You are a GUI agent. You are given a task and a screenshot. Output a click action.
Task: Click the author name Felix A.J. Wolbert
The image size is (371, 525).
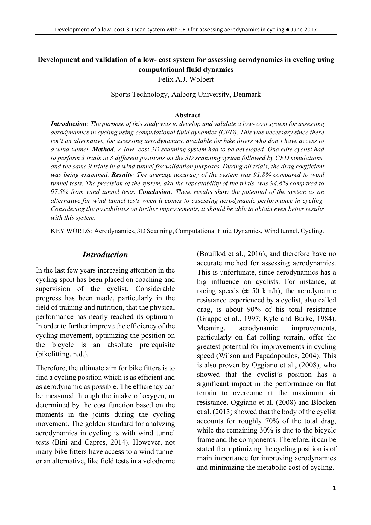pyautogui.click(x=185, y=79)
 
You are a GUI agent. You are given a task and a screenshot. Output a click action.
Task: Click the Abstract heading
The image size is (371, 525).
pyautogui.click(x=187, y=115)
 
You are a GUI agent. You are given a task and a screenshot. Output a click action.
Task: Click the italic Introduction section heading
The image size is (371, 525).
pyautogui.click(x=105, y=255)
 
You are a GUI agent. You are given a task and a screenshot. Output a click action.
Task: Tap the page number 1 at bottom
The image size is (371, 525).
pyautogui.click(x=334, y=488)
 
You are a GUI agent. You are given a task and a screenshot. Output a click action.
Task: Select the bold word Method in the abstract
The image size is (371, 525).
pyautogui.click(x=103, y=149)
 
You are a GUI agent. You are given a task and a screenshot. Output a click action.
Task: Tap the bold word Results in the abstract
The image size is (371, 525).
pyautogui.click(x=121, y=175)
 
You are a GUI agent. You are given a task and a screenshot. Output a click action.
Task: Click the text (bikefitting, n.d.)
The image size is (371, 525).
pyautogui.click(x=62, y=354)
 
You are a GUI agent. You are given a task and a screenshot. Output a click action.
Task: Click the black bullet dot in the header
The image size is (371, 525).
pyautogui.click(x=287, y=30)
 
